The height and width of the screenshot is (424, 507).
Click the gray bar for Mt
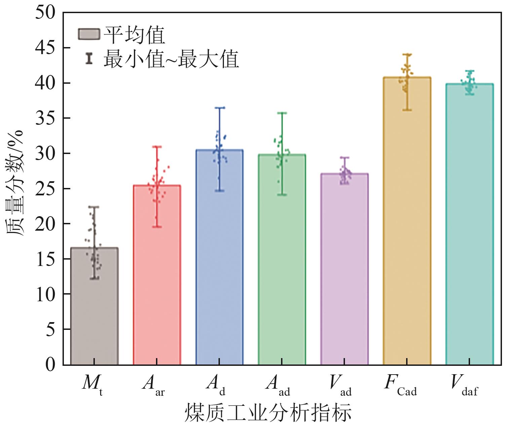click(x=94, y=306)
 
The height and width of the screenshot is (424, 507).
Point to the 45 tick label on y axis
click(x=45, y=48)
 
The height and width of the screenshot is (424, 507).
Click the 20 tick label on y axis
click(x=45, y=224)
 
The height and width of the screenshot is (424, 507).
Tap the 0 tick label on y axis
click(x=50, y=364)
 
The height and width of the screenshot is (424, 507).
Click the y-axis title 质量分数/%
click(x=14, y=183)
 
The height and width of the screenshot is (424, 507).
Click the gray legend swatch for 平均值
click(x=89, y=34)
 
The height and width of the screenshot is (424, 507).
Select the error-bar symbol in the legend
click(x=89, y=58)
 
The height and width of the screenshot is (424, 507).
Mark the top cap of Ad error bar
click(x=219, y=108)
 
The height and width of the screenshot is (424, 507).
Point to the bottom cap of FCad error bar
click(x=407, y=110)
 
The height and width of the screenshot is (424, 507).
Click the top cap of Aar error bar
click(x=157, y=147)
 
